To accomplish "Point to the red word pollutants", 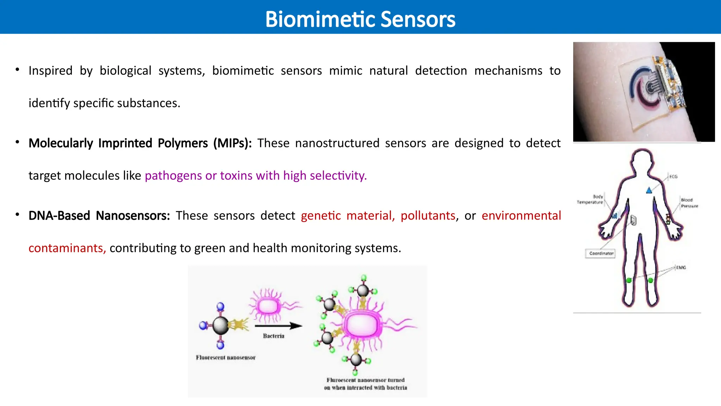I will point(428,215).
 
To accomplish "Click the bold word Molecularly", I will point(61,143).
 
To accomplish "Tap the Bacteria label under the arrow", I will point(274,336).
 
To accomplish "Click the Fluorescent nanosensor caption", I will point(226,357).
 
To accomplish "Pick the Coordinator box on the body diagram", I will point(601,253).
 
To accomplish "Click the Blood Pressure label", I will point(689,203).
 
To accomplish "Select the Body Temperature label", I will point(590,199).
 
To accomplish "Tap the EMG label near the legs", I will point(681,267).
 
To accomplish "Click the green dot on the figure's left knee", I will point(629,281).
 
